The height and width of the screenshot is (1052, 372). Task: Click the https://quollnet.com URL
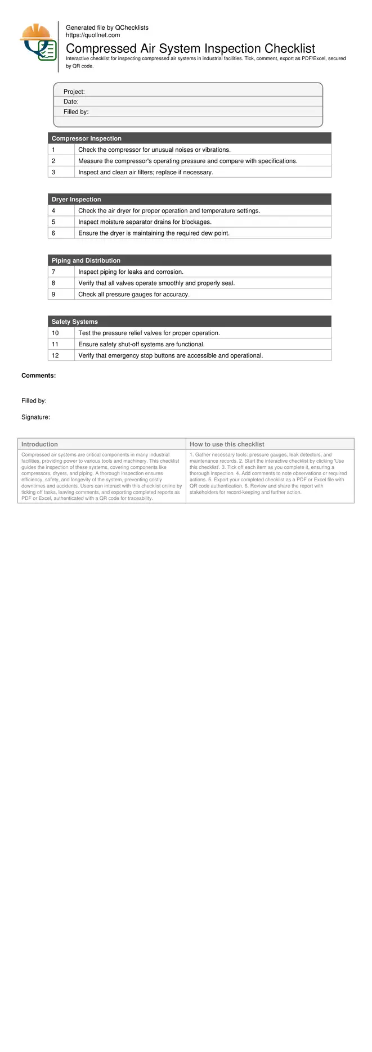[93, 35]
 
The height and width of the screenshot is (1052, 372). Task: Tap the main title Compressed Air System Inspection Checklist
[190, 48]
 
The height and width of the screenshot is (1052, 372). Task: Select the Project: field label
[74, 92]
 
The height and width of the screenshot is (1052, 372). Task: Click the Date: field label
[71, 102]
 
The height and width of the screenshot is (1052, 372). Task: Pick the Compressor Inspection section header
[87, 138]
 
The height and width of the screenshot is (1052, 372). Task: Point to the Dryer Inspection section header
[77, 200]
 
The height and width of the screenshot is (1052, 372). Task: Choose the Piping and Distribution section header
[86, 261]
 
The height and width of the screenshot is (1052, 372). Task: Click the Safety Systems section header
[75, 322]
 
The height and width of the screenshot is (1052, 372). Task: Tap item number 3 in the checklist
[53, 172]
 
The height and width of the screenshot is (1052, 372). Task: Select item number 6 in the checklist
[53, 233]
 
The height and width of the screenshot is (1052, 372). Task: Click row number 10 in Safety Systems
[55, 333]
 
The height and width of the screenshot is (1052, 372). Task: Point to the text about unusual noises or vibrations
[154, 150]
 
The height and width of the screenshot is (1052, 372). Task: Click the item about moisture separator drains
[145, 222]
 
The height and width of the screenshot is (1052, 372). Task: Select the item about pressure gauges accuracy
[134, 295]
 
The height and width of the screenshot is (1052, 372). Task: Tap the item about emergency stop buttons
[171, 356]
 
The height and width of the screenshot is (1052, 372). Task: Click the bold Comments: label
[39, 376]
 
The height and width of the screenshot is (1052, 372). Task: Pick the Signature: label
[36, 417]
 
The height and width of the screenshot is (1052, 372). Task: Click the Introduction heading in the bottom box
[39, 444]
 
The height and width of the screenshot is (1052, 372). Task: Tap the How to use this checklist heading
[227, 444]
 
